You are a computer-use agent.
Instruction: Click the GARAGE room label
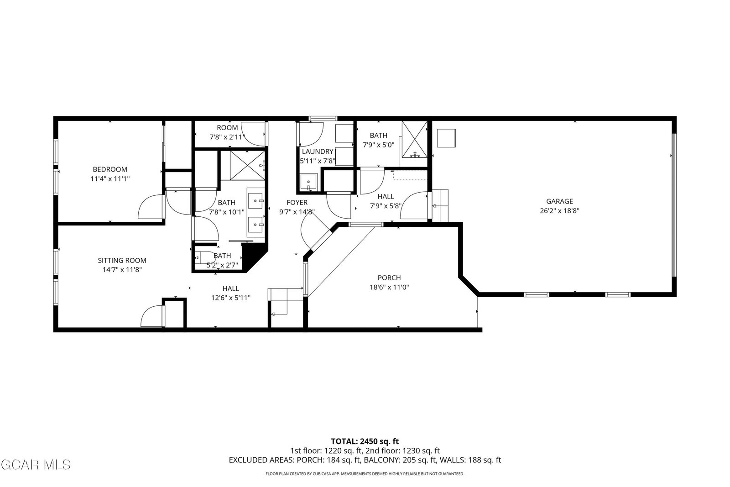[559, 201]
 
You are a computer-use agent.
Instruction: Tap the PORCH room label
[389, 278]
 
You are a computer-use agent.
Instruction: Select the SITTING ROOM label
[122, 261]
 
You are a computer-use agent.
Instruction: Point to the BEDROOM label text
[110, 169]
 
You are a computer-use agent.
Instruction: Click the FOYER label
[297, 203]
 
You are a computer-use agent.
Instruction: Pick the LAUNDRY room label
[318, 152]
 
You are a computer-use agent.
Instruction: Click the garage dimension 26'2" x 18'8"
[559, 211]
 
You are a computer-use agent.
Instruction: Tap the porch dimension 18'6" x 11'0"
[389, 287]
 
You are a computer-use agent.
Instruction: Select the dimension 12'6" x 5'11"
[231, 298]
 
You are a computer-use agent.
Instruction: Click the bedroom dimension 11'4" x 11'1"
[110, 178]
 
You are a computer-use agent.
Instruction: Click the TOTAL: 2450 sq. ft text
[365, 441]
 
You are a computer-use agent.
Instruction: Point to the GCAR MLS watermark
[36, 465]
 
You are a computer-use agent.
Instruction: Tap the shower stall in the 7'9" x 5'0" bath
[415, 139]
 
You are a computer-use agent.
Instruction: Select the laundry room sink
[308, 182]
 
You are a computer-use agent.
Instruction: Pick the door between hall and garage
[413, 205]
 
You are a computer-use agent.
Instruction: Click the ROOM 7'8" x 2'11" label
[227, 132]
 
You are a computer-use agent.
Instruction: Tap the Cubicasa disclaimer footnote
[365, 474]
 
